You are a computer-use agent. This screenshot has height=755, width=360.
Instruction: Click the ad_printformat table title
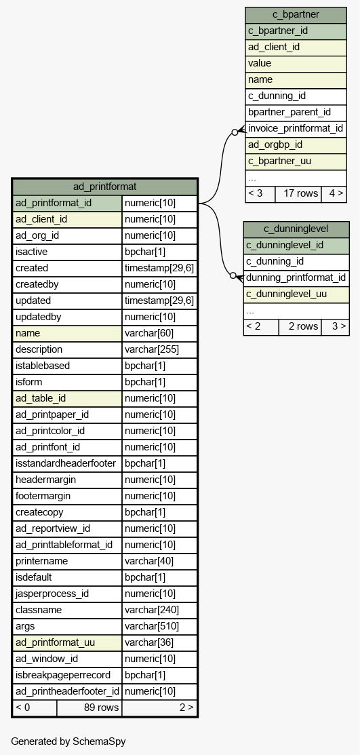pos(104,187)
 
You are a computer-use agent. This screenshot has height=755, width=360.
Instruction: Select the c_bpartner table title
pos(296,14)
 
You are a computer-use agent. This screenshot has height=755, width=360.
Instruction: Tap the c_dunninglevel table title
pos(296,229)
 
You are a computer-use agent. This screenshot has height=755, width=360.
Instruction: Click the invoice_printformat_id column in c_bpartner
pos(296,129)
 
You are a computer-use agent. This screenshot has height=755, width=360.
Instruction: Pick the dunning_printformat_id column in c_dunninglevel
pos(296,278)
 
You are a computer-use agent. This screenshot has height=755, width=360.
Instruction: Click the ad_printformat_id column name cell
pos(67,204)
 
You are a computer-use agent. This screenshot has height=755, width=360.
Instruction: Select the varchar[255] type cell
pos(160,349)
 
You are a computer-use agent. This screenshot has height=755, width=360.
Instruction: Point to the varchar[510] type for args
pos(160,626)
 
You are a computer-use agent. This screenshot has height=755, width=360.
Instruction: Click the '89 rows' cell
pos(89,708)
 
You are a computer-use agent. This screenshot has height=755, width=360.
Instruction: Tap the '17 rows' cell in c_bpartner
pos(298,193)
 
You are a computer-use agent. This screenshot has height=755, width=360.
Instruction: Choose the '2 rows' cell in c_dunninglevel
pos(300,326)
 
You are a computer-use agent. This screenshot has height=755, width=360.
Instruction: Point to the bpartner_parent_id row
pos(296,112)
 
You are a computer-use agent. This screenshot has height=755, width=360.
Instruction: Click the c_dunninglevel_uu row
pos(296,294)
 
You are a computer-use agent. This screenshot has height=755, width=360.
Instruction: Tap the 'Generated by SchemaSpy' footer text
pos(68,741)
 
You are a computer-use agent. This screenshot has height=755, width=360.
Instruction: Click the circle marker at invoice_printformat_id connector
pos(235,132)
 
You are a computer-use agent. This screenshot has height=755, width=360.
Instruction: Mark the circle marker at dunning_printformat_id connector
pos(233,275)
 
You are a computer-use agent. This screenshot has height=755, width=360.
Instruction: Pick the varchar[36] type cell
pos(160,643)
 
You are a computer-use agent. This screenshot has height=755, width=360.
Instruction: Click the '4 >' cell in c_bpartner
pos(334,193)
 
